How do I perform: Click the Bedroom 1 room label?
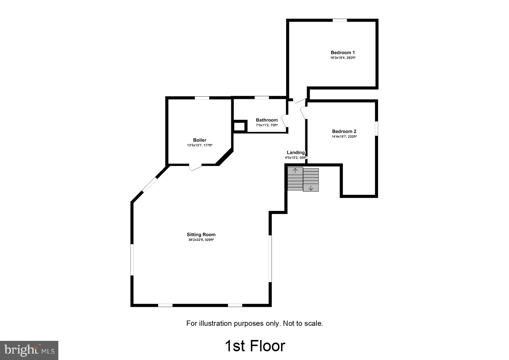click(x=343, y=53)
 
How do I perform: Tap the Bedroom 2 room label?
click(x=344, y=131)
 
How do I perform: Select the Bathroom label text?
click(x=267, y=120)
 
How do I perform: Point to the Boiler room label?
click(x=200, y=140)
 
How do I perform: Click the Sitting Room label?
click(x=201, y=235)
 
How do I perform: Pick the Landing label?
click(x=296, y=153)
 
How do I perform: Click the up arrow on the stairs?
click(x=295, y=171)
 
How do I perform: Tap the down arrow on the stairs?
click(x=311, y=188)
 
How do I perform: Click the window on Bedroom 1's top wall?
click(x=340, y=20)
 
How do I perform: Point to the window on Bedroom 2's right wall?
click(x=376, y=128)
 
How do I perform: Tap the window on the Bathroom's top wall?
click(x=261, y=98)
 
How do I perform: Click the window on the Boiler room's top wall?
click(x=202, y=98)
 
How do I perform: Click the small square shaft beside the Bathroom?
click(x=239, y=127)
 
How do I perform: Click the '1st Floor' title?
click(x=255, y=346)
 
